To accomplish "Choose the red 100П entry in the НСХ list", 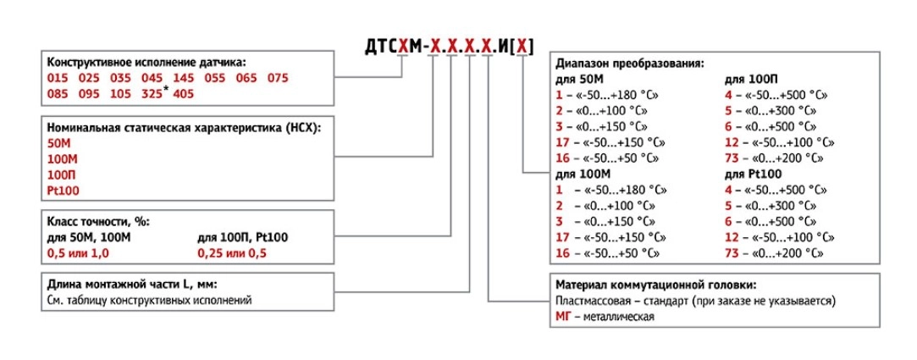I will (x=62, y=174).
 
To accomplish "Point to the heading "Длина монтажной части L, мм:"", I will (x=135, y=285).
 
